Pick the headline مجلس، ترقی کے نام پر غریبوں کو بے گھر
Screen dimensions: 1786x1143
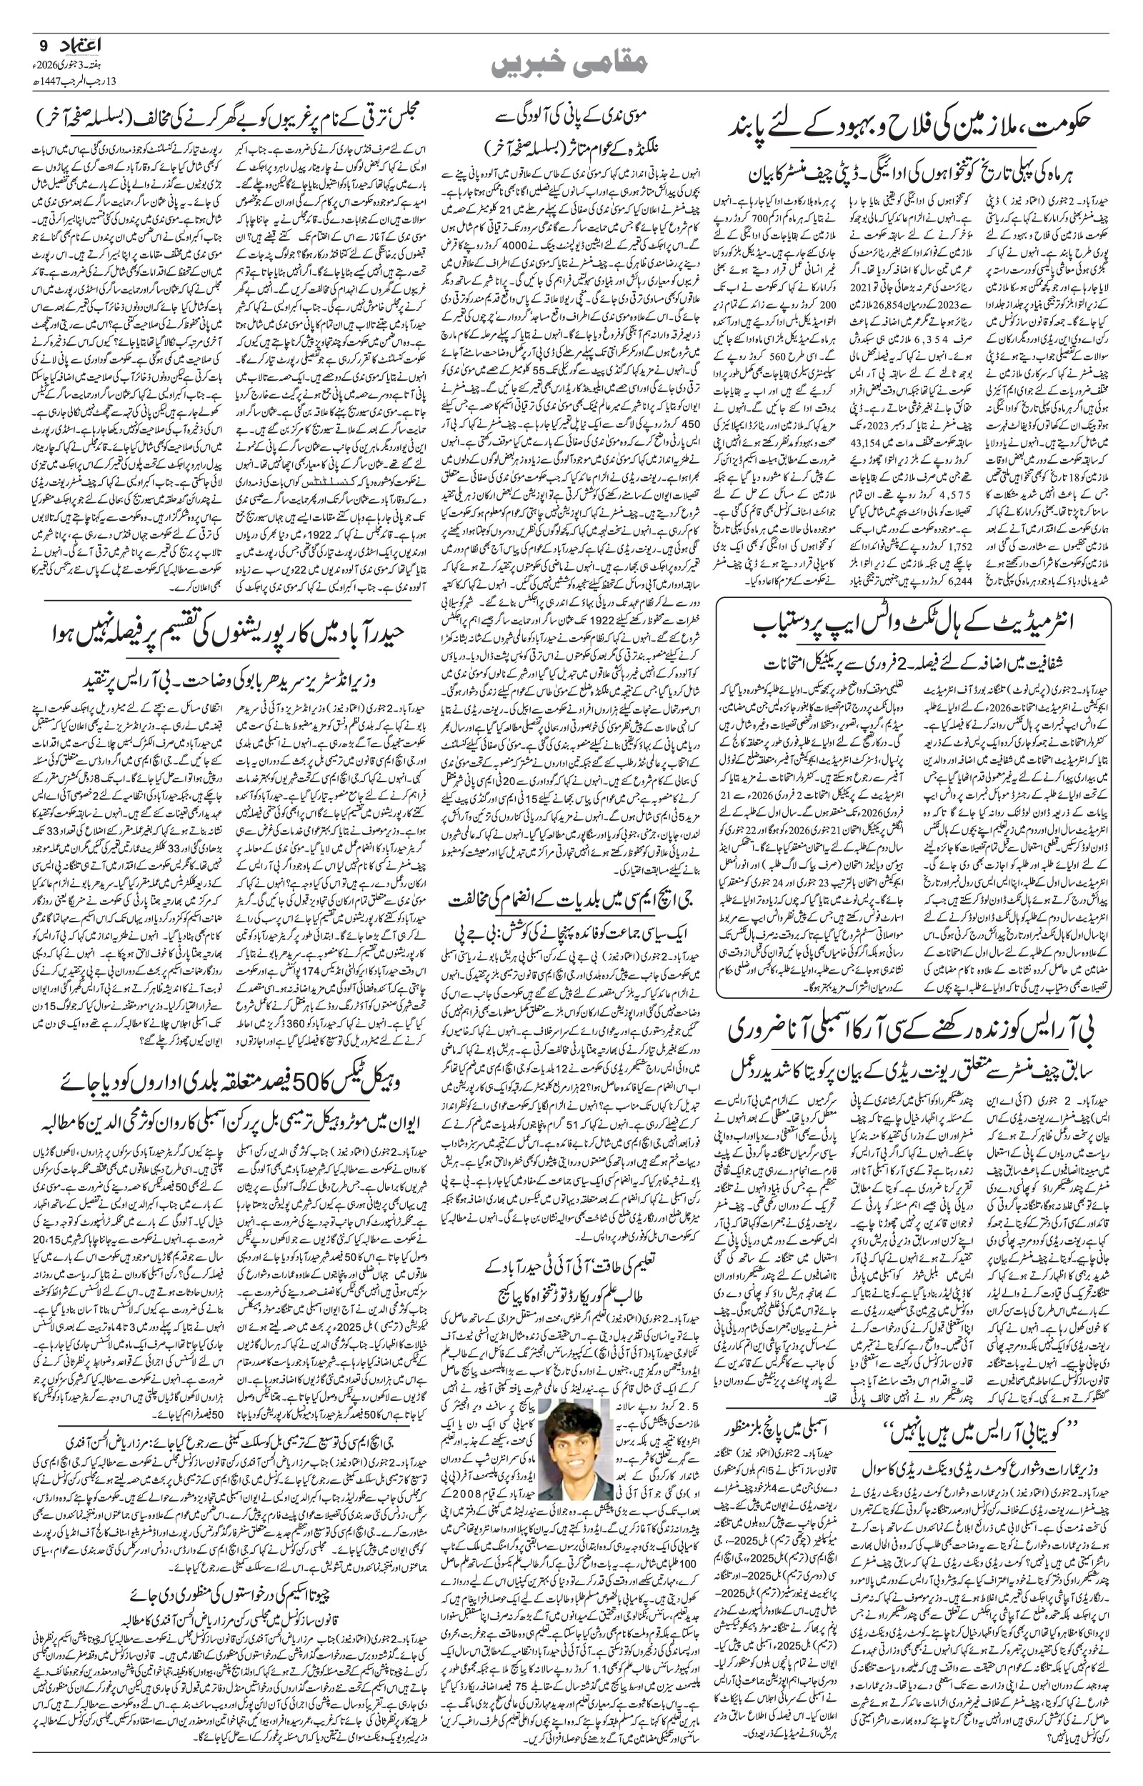coord(225,117)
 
